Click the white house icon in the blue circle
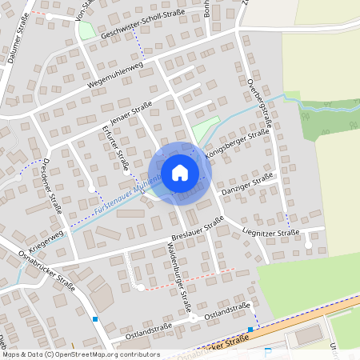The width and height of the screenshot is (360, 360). point(180,173)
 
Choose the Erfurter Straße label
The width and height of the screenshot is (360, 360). point(116,147)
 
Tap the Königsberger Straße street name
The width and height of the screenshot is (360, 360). point(235,141)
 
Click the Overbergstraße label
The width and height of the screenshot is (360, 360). point(261,103)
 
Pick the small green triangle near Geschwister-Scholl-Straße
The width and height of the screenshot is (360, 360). point(86,30)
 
